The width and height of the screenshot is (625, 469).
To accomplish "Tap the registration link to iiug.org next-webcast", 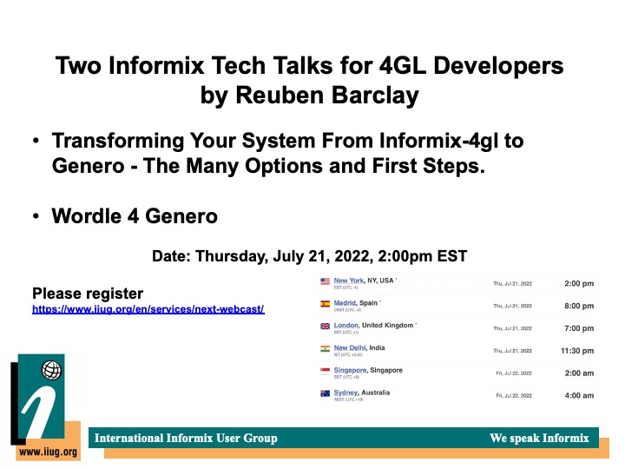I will (148, 309).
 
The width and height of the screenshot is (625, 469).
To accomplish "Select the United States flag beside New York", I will (326, 281).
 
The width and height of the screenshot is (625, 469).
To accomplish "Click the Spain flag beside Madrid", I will (326, 304).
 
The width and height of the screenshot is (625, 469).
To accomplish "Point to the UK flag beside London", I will (326, 327).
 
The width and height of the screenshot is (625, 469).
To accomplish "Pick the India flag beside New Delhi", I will (326, 349).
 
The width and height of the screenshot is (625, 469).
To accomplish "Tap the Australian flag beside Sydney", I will (326, 393).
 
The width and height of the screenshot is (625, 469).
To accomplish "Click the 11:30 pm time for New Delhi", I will (577, 350).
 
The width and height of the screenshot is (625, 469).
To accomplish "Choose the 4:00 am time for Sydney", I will (579, 395).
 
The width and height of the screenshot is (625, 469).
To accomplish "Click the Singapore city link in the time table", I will (350, 370).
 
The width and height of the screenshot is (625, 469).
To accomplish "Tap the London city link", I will (346, 325).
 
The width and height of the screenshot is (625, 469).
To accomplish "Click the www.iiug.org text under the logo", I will (47, 452).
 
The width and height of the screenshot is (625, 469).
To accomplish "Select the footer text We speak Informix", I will (539, 438).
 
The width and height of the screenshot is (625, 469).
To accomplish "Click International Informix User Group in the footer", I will (186, 438).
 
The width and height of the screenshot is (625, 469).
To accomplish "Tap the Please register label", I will (88, 294).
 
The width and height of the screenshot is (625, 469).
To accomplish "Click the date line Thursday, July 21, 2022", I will (310, 256).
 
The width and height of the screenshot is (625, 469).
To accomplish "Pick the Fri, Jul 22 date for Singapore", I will (513, 373).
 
